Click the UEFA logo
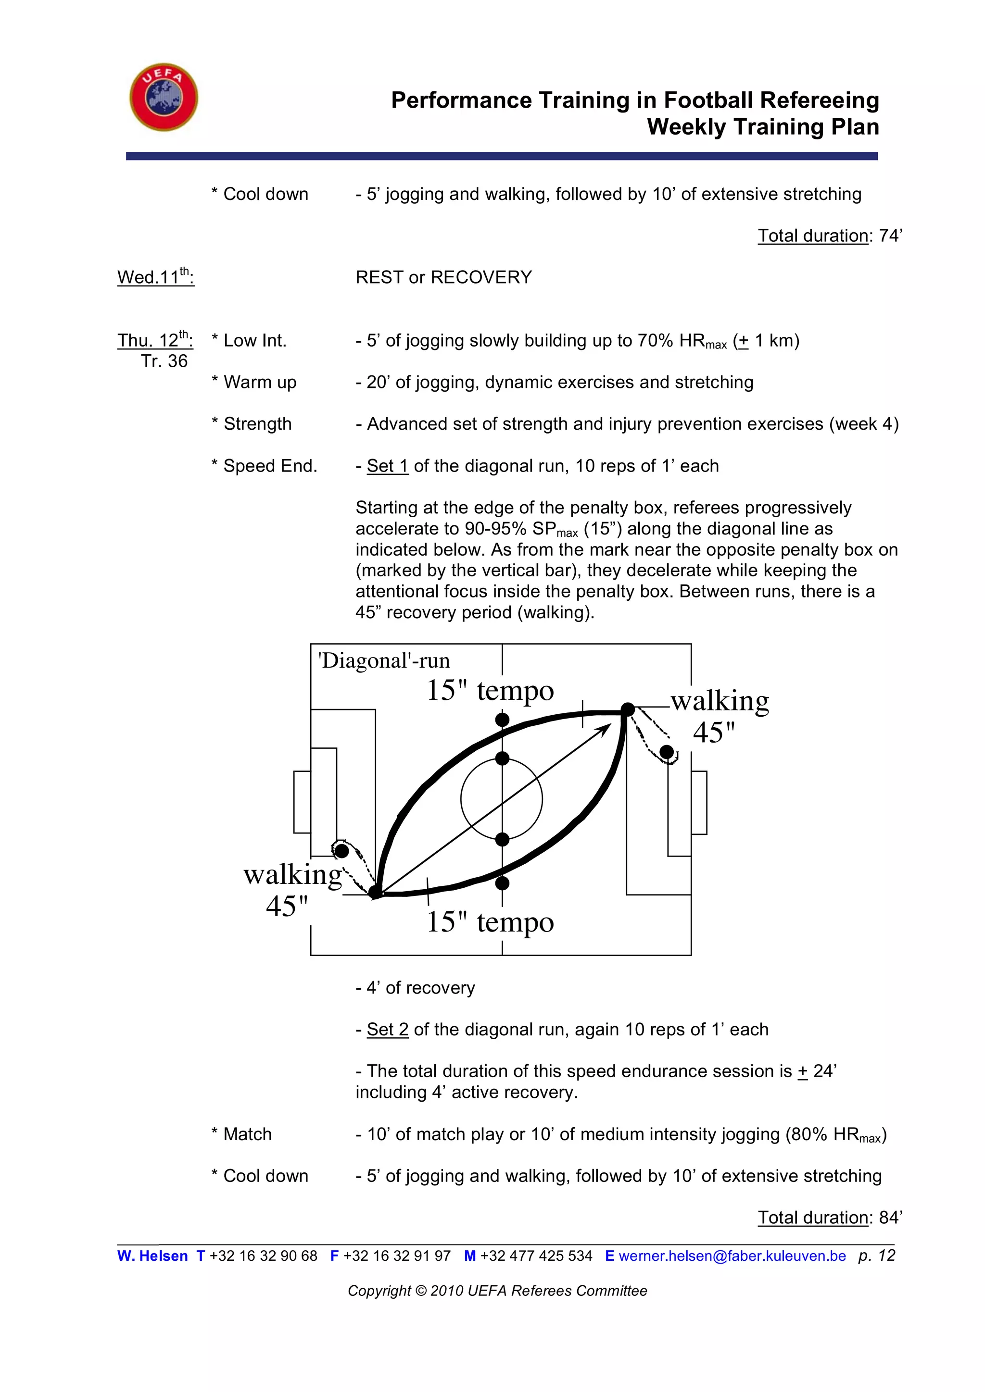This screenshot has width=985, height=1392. pyautogui.click(x=164, y=97)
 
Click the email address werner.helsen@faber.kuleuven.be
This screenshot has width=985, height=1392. pyautogui.click(x=732, y=1255)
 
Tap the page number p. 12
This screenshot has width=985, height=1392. pyautogui.click(x=876, y=1255)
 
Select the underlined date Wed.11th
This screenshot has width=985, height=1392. pyautogui.click(x=155, y=276)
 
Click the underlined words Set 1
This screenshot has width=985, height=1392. pyautogui.click(x=387, y=466)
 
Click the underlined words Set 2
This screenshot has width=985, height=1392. pyautogui.click(x=387, y=1030)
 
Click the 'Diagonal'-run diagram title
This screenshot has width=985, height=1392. pyautogui.click(x=384, y=660)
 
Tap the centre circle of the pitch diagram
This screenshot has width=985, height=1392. pyautogui.click(x=502, y=799)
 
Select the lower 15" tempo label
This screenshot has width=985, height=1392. pyautogui.click(x=490, y=922)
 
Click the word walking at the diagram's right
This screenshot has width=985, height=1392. pyautogui.click(x=720, y=701)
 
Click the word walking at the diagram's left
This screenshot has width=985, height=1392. pyautogui.click(x=292, y=875)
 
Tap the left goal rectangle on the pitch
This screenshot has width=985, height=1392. pyautogui.click(x=302, y=802)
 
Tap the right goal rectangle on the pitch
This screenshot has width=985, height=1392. pyautogui.click(x=699, y=802)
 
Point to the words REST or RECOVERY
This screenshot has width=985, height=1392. pyautogui.click(x=443, y=277)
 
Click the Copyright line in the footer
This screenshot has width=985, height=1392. pyautogui.click(x=497, y=1291)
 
